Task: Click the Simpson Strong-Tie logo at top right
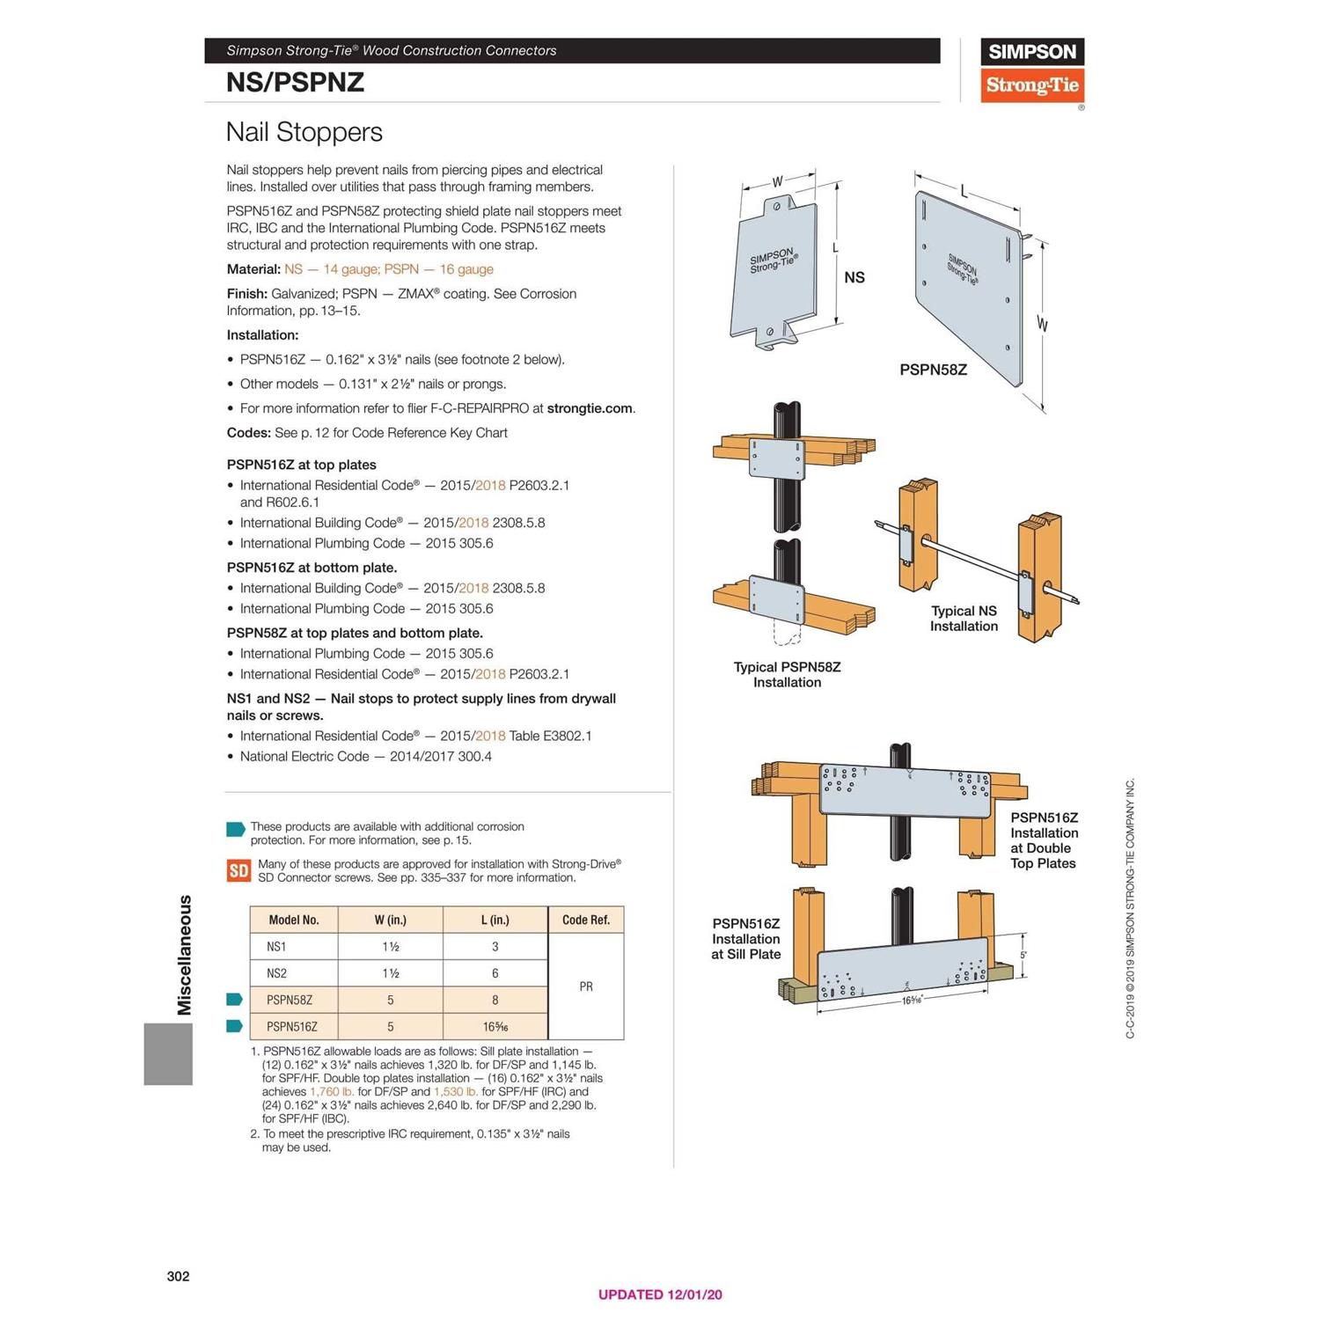[1031, 70]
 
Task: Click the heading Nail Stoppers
[304, 132]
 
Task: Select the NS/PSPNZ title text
[295, 83]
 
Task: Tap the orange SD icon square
[238, 870]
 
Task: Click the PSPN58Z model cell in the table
[290, 1000]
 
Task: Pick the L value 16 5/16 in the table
[495, 1026]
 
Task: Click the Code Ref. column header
[585, 920]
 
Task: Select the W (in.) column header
[390, 920]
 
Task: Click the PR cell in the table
[586, 986]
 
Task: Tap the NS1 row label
[276, 947]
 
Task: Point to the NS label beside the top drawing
[854, 277]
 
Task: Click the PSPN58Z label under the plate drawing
[933, 370]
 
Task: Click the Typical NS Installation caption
[964, 619]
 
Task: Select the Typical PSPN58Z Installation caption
[787, 674]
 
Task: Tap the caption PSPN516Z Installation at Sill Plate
[745, 939]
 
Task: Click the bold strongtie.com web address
[589, 408]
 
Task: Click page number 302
[178, 1276]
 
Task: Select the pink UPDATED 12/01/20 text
[660, 1294]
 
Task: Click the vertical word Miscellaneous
[185, 955]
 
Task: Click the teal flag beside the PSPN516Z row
[234, 1026]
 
